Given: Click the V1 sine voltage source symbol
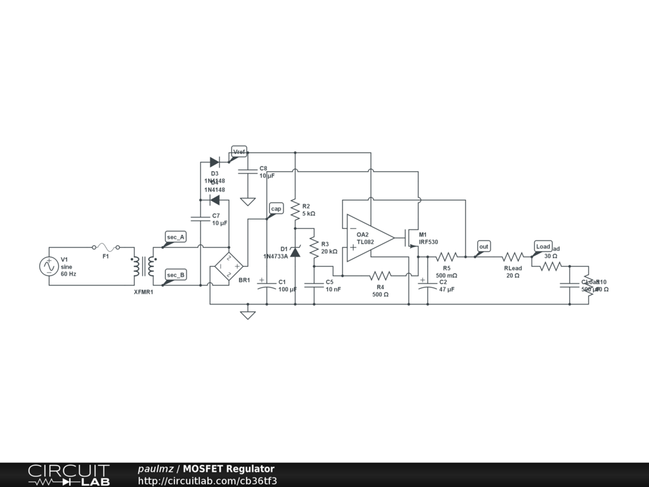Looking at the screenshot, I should coord(49,266).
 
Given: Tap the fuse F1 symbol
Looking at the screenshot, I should coord(106,247).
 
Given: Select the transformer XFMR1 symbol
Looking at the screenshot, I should coord(144,267).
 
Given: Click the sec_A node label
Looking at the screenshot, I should coord(176,237).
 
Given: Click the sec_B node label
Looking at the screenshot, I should coord(176,275).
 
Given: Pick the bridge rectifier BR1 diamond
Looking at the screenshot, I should coord(229,266).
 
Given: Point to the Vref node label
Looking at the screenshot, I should coord(239,152).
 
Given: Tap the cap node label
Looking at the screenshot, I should coord(276,209).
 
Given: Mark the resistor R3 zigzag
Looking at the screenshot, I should coord(314,247).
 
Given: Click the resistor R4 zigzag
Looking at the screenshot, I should coord(380,276).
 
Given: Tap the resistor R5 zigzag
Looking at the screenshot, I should coord(446,257).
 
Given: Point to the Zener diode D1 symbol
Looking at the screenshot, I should coord(295,252).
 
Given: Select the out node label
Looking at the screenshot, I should coord(484,246).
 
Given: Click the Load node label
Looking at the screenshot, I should coord(543,246).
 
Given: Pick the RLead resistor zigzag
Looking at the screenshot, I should coord(513,257).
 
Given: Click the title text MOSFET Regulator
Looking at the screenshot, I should coord(229,469).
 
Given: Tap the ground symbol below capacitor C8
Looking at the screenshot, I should coord(248,202).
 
